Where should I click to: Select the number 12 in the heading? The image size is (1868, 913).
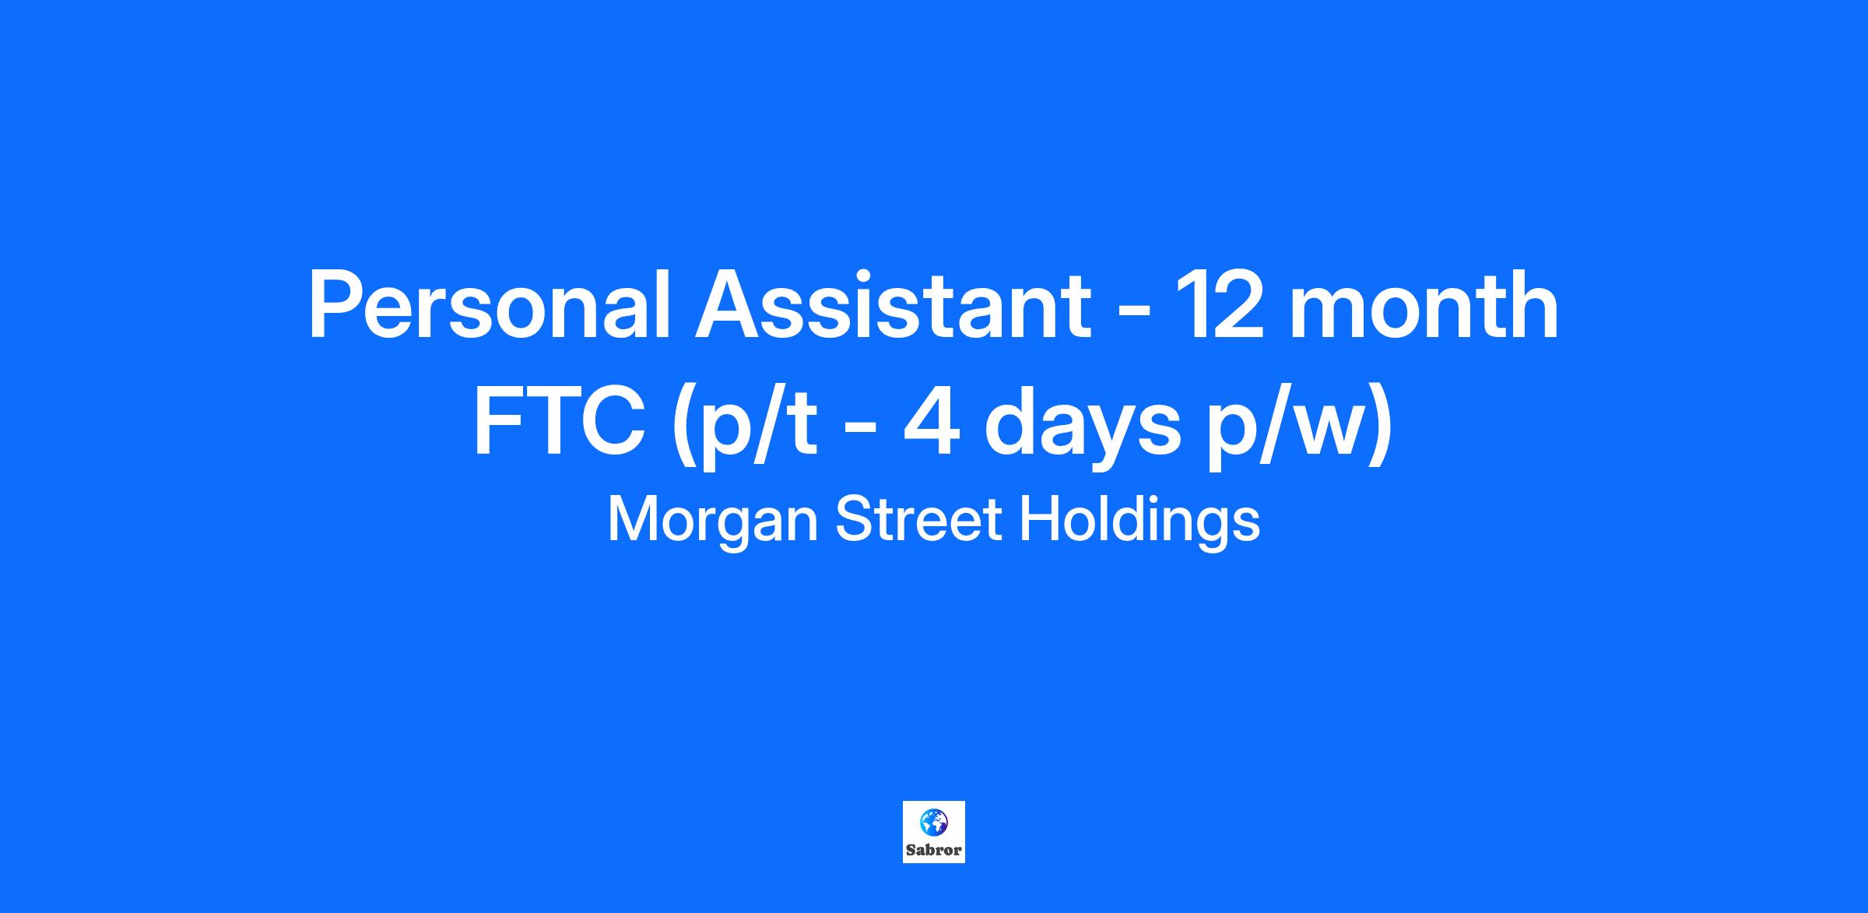(1218, 305)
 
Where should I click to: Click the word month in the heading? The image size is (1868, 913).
(1424, 305)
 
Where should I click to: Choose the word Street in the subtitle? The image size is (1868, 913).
(918, 520)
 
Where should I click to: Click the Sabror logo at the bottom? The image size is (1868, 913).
(934, 832)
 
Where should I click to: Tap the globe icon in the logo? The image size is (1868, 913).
(934, 821)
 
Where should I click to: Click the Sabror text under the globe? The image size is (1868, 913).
(934, 850)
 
